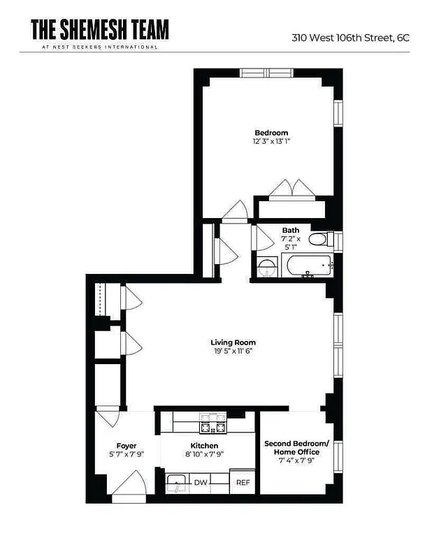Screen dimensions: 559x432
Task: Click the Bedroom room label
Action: (x=271, y=133)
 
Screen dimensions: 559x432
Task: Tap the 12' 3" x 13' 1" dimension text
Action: (x=271, y=141)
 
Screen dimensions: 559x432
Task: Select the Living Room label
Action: (x=233, y=342)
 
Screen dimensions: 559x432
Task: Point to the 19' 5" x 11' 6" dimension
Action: (x=233, y=351)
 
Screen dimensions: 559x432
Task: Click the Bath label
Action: (x=290, y=230)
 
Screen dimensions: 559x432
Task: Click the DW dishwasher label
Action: (x=201, y=483)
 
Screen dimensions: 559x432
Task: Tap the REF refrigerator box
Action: (x=243, y=483)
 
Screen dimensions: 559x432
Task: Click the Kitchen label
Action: (x=204, y=446)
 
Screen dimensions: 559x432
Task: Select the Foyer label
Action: (x=127, y=446)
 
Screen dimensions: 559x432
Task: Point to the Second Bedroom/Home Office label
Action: (x=296, y=447)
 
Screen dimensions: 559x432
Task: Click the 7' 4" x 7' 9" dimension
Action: (x=296, y=460)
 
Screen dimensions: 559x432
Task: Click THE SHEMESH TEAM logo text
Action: (x=99, y=29)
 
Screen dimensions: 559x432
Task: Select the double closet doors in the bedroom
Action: (x=290, y=189)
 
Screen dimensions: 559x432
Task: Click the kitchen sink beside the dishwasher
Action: (x=176, y=482)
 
